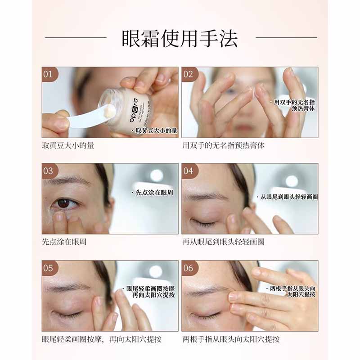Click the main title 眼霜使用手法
pyautogui.click(x=180, y=39)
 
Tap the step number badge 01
pyautogui.click(x=48, y=74)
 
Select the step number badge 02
pyautogui.click(x=188, y=74)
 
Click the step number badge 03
pyautogui.click(x=48, y=171)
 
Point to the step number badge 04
pyautogui.click(x=188, y=171)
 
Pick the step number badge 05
pyautogui.click(x=48, y=268)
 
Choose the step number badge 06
pyautogui.click(x=188, y=268)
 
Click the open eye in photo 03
pyautogui.click(x=64, y=203)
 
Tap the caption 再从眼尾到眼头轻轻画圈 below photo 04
pyautogui.click(x=224, y=242)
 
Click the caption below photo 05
pyautogui.click(x=102, y=339)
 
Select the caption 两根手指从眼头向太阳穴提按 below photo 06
pyautogui.click(x=231, y=339)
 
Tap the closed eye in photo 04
pyautogui.click(x=203, y=223)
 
